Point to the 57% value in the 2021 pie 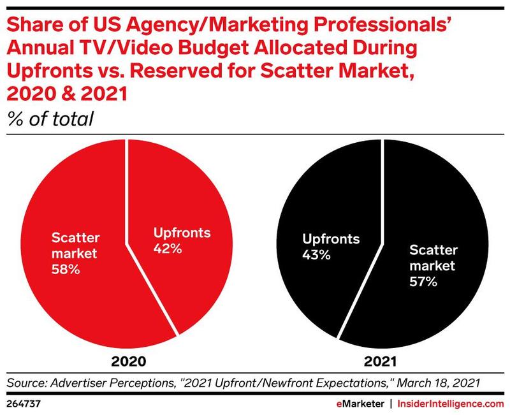pyautogui.click(x=423, y=281)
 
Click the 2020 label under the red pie pyautogui.click(x=129, y=361)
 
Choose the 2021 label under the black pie pyautogui.click(x=381, y=361)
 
